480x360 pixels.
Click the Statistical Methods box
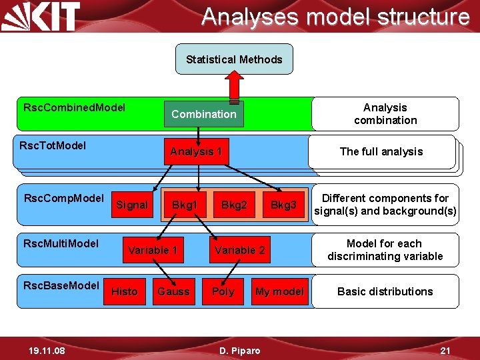pyautogui.click(x=234, y=59)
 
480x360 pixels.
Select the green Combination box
pyautogui.click(x=204, y=114)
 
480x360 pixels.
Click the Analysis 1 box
pyautogui.click(x=195, y=151)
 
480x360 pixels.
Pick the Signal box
pyautogui.click(x=132, y=205)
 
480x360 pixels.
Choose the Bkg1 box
pyautogui.click(x=185, y=205)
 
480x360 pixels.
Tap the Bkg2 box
pyautogui.click(x=234, y=205)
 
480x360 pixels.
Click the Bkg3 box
pyautogui.click(x=283, y=205)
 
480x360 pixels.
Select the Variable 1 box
pyautogui.click(x=153, y=250)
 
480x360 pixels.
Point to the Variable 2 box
pyautogui.click(x=239, y=250)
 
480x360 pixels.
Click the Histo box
pyautogui.click(x=124, y=291)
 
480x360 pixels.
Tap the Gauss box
pyautogui.click(x=173, y=291)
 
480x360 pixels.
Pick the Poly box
pyautogui.click(x=223, y=291)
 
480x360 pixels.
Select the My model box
pyautogui.click(x=279, y=291)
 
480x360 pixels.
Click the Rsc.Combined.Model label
pyautogui.click(x=74, y=107)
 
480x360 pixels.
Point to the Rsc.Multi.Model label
pyautogui.click(x=61, y=243)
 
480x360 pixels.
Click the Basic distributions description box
pyautogui.click(x=385, y=291)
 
